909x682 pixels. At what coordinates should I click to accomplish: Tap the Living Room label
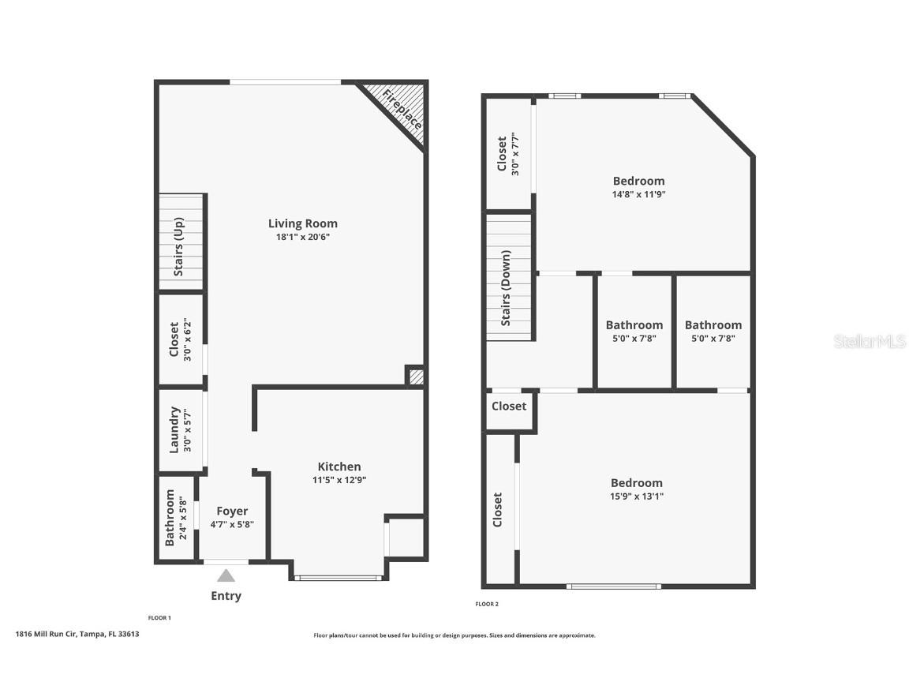(x=303, y=223)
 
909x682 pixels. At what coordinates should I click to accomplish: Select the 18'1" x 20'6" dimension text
(x=303, y=237)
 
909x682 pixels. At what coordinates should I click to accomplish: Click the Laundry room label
(x=175, y=429)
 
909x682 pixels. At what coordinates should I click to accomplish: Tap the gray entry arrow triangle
(x=226, y=575)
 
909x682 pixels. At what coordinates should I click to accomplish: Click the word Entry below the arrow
(x=226, y=596)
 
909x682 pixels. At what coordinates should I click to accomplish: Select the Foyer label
(x=232, y=511)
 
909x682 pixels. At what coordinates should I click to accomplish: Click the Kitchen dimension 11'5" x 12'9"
(x=339, y=480)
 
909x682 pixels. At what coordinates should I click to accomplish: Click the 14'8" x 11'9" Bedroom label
(x=638, y=181)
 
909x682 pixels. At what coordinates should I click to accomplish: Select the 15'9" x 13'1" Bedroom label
(x=636, y=483)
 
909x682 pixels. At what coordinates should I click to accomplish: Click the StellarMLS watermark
(x=870, y=341)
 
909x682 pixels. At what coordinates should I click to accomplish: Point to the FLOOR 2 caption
(x=487, y=605)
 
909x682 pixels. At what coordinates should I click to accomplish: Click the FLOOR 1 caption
(x=159, y=618)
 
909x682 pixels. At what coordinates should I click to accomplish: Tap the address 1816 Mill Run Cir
(x=77, y=634)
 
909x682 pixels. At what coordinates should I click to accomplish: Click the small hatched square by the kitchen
(x=416, y=377)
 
